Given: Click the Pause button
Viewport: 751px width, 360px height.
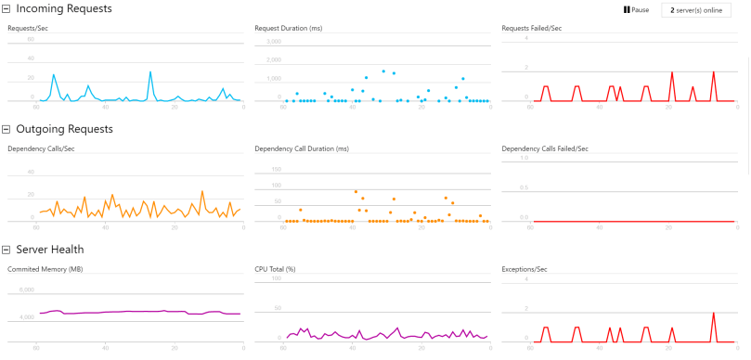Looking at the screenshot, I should pyautogui.click(x=636, y=9).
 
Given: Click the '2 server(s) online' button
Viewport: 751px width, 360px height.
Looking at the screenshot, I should pyautogui.click(x=696, y=9).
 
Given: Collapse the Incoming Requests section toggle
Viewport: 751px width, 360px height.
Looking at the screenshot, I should pyautogui.click(x=6, y=8).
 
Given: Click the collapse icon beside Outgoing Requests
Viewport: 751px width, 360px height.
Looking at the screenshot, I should pyautogui.click(x=6, y=129).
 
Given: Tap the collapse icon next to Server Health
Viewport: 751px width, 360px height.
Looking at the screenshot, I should pyautogui.click(x=6, y=250).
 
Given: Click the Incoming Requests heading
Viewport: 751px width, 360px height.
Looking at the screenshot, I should pyautogui.click(x=64, y=8).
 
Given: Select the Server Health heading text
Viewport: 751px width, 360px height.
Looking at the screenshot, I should pyautogui.click(x=50, y=250).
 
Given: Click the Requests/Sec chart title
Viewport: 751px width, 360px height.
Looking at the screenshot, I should pyautogui.click(x=27, y=28).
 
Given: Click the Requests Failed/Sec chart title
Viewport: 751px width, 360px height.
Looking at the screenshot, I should pyautogui.click(x=531, y=28).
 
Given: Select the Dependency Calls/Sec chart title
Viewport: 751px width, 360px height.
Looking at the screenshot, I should pyautogui.click(x=41, y=148).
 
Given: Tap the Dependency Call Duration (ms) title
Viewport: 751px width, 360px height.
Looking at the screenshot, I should pyautogui.click(x=302, y=148).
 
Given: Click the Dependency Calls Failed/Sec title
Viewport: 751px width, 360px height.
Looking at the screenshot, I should pyautogui.click(x=545, y=148).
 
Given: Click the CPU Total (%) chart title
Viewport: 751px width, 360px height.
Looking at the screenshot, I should pyautogui.click(x=275, y=269).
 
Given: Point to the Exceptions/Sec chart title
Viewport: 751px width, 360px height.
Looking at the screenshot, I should pyautogui.click(x=525, y=269).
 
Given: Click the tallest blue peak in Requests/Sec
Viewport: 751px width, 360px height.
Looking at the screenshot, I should pyautogui.click(x=149, y=71).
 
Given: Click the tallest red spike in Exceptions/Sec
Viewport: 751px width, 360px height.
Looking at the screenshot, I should pyautogui.click(x=713, y=314).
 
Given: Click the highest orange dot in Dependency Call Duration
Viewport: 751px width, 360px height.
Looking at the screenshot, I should pyautogui.click(x=356, y=192).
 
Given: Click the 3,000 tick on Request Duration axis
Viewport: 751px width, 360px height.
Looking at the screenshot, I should pyautogui.click(x=273, y=42).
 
